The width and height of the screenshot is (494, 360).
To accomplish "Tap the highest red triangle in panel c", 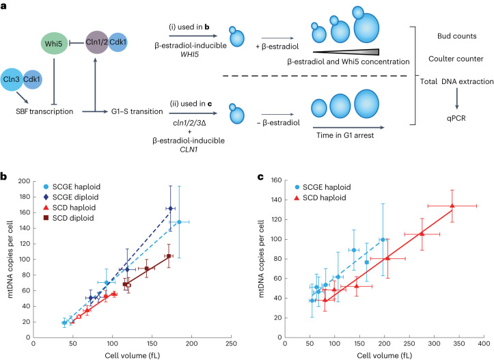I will click(452, 206).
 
